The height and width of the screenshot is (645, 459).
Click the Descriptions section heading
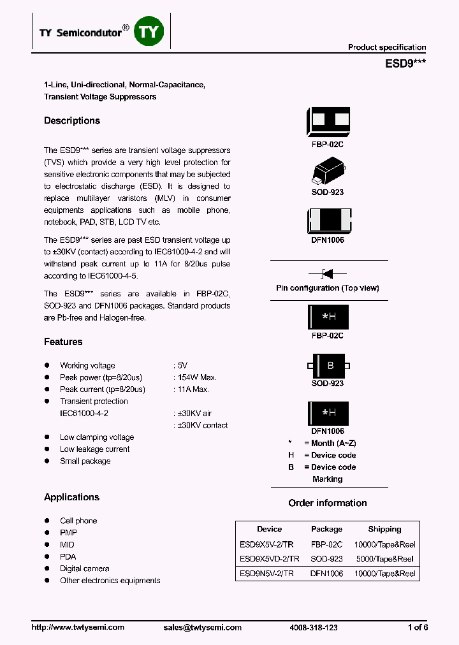point(72,121)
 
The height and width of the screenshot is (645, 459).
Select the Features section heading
point(63,342)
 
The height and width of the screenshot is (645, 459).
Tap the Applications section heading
point(71,498)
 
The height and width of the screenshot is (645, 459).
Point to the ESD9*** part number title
point(405,64)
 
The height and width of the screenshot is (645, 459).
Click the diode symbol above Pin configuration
point(327,274)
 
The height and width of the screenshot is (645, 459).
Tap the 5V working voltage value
point(182,366)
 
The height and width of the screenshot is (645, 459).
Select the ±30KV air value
point(194,414)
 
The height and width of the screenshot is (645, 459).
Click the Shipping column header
point(384,529)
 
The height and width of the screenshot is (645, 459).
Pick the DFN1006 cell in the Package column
point(326,574)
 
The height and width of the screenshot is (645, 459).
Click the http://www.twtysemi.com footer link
point(78,628)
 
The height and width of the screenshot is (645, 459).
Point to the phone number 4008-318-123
point(314,628)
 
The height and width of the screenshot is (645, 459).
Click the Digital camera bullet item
point(84,569)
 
